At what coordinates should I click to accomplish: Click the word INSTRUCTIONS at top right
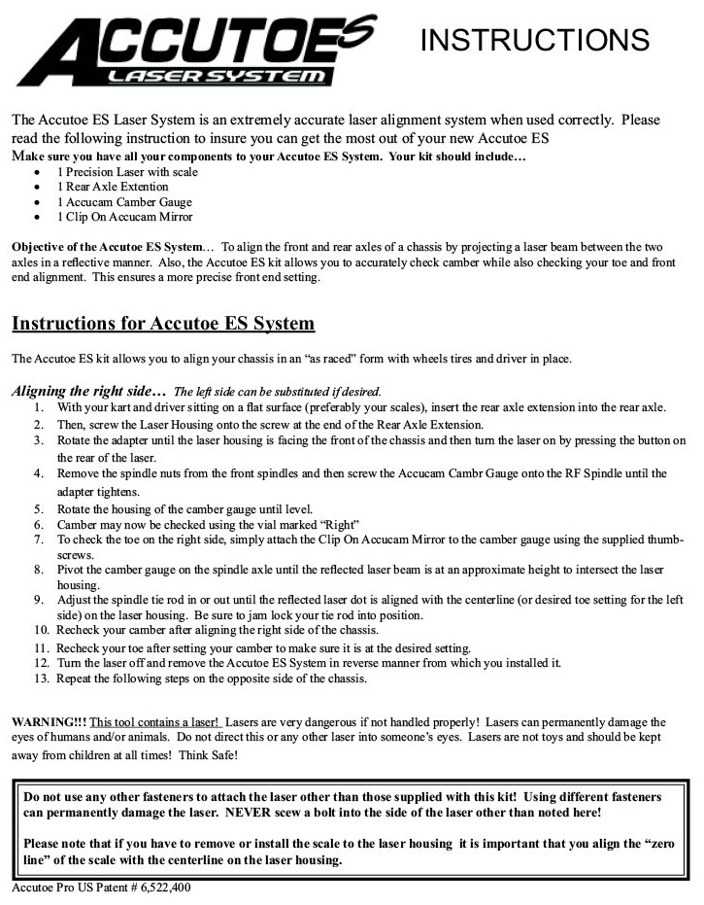click(x=534, y=40)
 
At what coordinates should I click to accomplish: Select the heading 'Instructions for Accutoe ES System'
click(x=163, y=322)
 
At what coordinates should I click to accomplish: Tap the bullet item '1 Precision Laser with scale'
click(x=127, y=171)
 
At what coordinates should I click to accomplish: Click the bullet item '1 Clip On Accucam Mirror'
click(x=124, y=218)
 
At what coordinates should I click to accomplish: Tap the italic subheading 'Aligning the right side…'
click(x=88, y=391)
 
